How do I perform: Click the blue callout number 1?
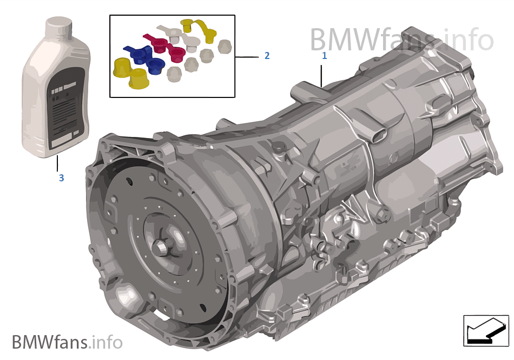(x=324, y=55)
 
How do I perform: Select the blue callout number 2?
(x=267, y=56)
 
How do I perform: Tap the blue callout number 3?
(x=61, y=178)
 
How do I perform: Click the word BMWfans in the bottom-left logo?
(x=50, y=342)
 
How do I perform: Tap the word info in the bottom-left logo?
(x=108, y=342)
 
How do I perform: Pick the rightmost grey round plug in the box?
(x=225, y=47)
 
